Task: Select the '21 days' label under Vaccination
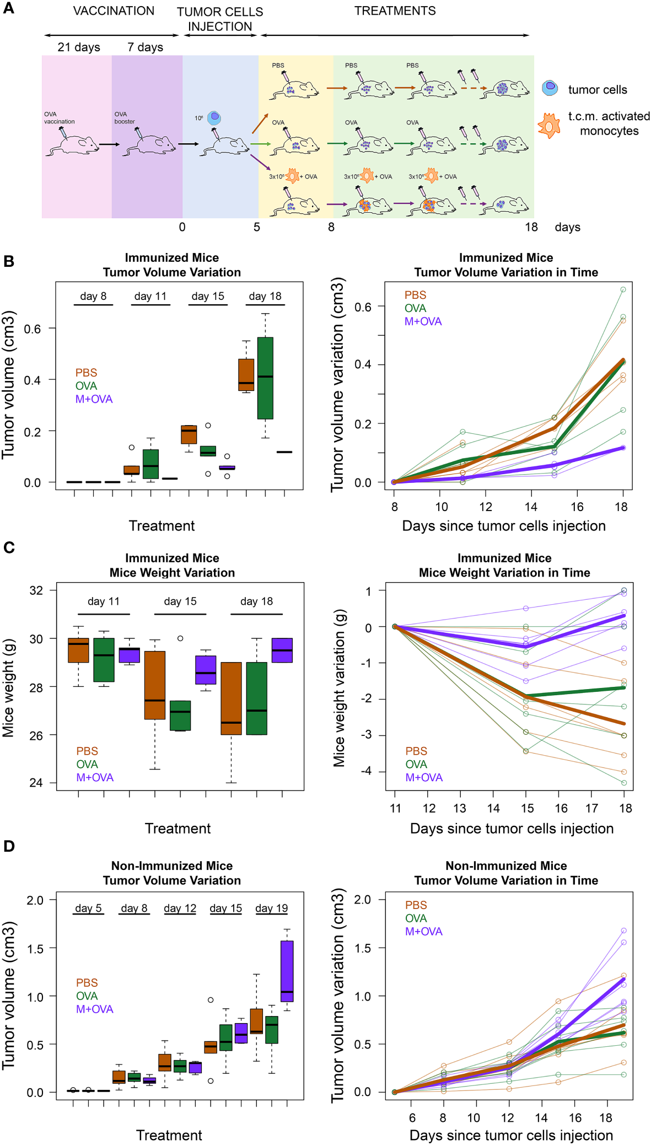(x=79, y=47)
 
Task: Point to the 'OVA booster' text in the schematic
(x=125, y=118)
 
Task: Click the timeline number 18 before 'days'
(x=531, y=227)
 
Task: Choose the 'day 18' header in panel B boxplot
(x=265, y=296)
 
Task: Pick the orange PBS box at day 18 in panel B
(x=246, y=374)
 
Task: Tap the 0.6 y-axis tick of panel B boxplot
(x=33, y=329)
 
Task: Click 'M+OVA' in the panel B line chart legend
(x=423, y=321)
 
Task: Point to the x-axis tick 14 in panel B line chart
(x=530, y=507)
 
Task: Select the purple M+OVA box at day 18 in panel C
(x=282, y=650)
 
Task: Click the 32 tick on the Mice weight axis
(x=36, y=590)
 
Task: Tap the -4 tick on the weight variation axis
(x=366, y=771)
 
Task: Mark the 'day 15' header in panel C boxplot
(x=180, y=601)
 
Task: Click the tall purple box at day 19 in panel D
(x=287, y=971)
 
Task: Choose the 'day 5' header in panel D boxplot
(x=88, y=908)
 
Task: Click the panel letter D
(x=9, y=846)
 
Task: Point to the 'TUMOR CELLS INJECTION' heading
(x=220, y=19)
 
